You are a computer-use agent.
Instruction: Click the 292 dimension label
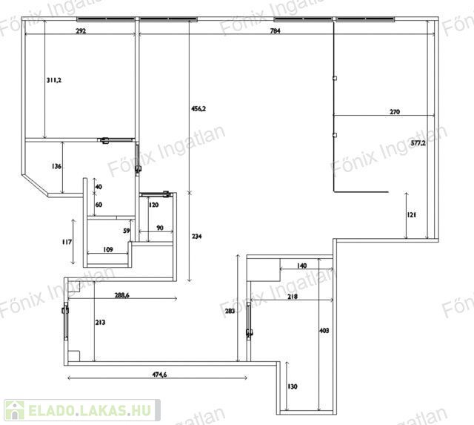(81, 31)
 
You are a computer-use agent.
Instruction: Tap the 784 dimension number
(275, 31)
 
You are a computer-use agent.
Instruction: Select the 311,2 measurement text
(54, 80)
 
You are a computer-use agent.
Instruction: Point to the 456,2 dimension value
(198, 109)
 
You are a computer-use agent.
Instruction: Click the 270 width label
(395, 112)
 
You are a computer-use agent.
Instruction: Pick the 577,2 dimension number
(418, 143)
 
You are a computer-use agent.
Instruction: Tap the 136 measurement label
(56, 166)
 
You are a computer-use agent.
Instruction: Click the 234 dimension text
(196, 237)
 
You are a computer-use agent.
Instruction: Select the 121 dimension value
(412, 215)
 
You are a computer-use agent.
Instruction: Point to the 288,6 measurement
(121, 295)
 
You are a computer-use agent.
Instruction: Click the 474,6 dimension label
(159, 375)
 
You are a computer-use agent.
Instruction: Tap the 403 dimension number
(324, 331)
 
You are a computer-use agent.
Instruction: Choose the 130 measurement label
(293, 386)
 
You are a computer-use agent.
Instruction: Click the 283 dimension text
(230, 311)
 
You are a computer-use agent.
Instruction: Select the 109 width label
(108, 250)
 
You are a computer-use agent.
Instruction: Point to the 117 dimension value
(67, 242)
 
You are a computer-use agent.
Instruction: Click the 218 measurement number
(293, 297)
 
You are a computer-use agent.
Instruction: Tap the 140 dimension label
(301, 266)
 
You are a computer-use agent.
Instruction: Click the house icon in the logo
(15, 410)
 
